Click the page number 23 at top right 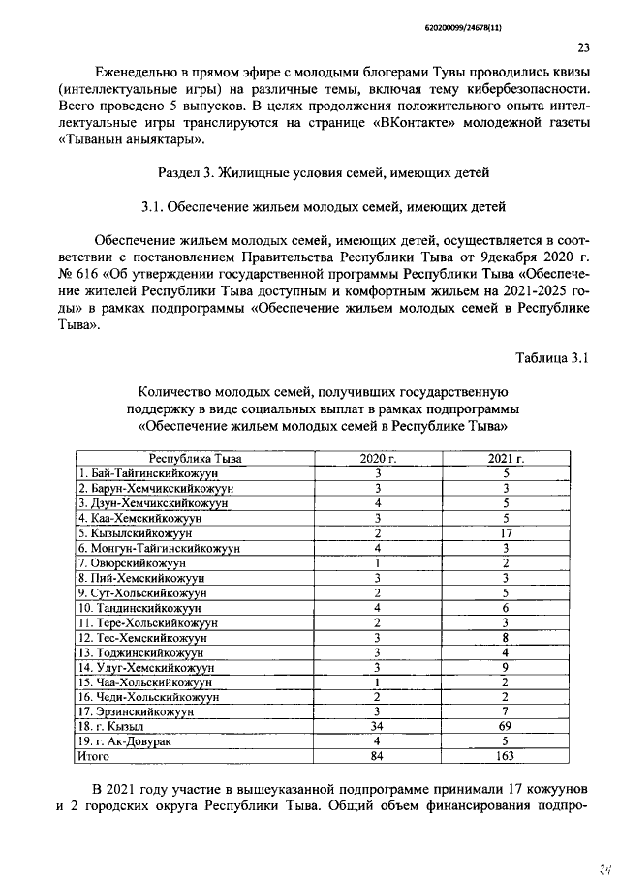583,47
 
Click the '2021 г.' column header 506,458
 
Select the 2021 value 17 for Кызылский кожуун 506,532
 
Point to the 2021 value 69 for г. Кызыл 506,726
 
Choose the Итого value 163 506,756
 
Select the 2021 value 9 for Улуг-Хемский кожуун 506,667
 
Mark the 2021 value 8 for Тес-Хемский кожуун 506,637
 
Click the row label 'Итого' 94,756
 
